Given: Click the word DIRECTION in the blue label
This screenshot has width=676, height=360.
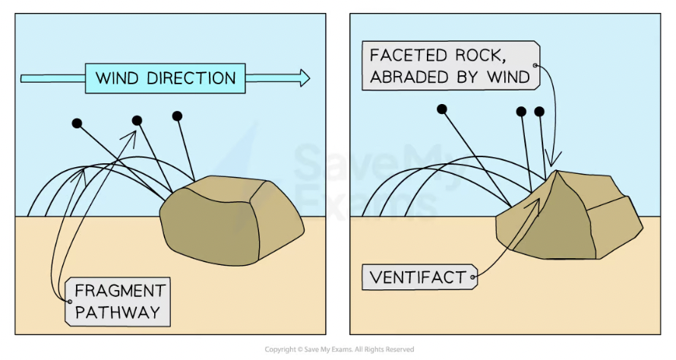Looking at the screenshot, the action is pos(194,78).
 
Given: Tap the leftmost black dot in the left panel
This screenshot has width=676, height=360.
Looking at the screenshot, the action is pos(76,122).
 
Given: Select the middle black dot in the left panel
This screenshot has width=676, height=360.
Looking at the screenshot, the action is pos(137,120).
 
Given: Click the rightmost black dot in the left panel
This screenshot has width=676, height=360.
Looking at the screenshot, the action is pos(178,115).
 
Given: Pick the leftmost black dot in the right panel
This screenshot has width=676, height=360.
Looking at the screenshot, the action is pos(441,109).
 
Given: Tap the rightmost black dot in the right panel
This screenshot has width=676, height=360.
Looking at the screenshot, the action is pos(539,112).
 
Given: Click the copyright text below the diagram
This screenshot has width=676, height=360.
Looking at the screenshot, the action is pos(340,349).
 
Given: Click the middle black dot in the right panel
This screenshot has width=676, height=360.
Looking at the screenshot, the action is pos(521,112).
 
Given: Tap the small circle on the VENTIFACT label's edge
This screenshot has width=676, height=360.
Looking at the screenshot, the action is pos(473,277).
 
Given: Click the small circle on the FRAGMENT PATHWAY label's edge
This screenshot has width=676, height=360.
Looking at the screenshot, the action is pos(69,301).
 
